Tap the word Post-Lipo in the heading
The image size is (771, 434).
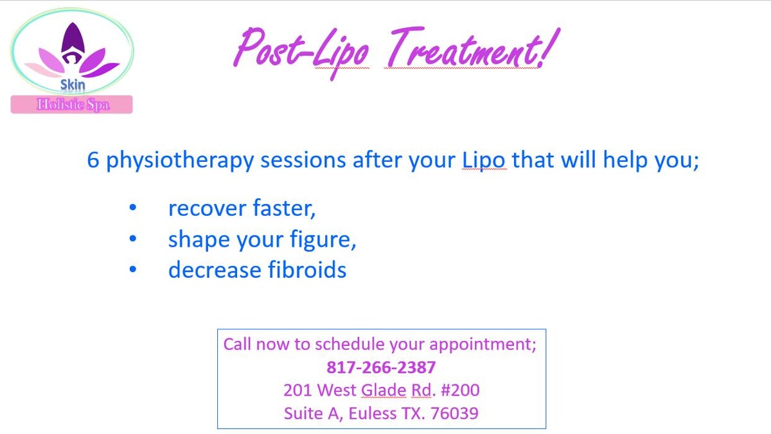pos(301,51)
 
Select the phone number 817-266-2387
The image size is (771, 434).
pos(381,367)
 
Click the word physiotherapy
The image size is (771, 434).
pos(180,161)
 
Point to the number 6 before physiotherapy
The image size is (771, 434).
pos(93,160)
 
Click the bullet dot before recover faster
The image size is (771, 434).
pos(133,207)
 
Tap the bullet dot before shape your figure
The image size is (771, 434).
pos(133,238)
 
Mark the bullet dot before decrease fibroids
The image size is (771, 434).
pos(133,269)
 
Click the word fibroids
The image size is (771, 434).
pos(307,269)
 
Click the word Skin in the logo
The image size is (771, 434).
pos(73,85)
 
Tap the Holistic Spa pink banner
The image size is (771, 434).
pos(71,104)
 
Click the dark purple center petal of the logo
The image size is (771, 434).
pos(73,39)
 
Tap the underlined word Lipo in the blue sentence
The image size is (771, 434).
pos(483,161)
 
